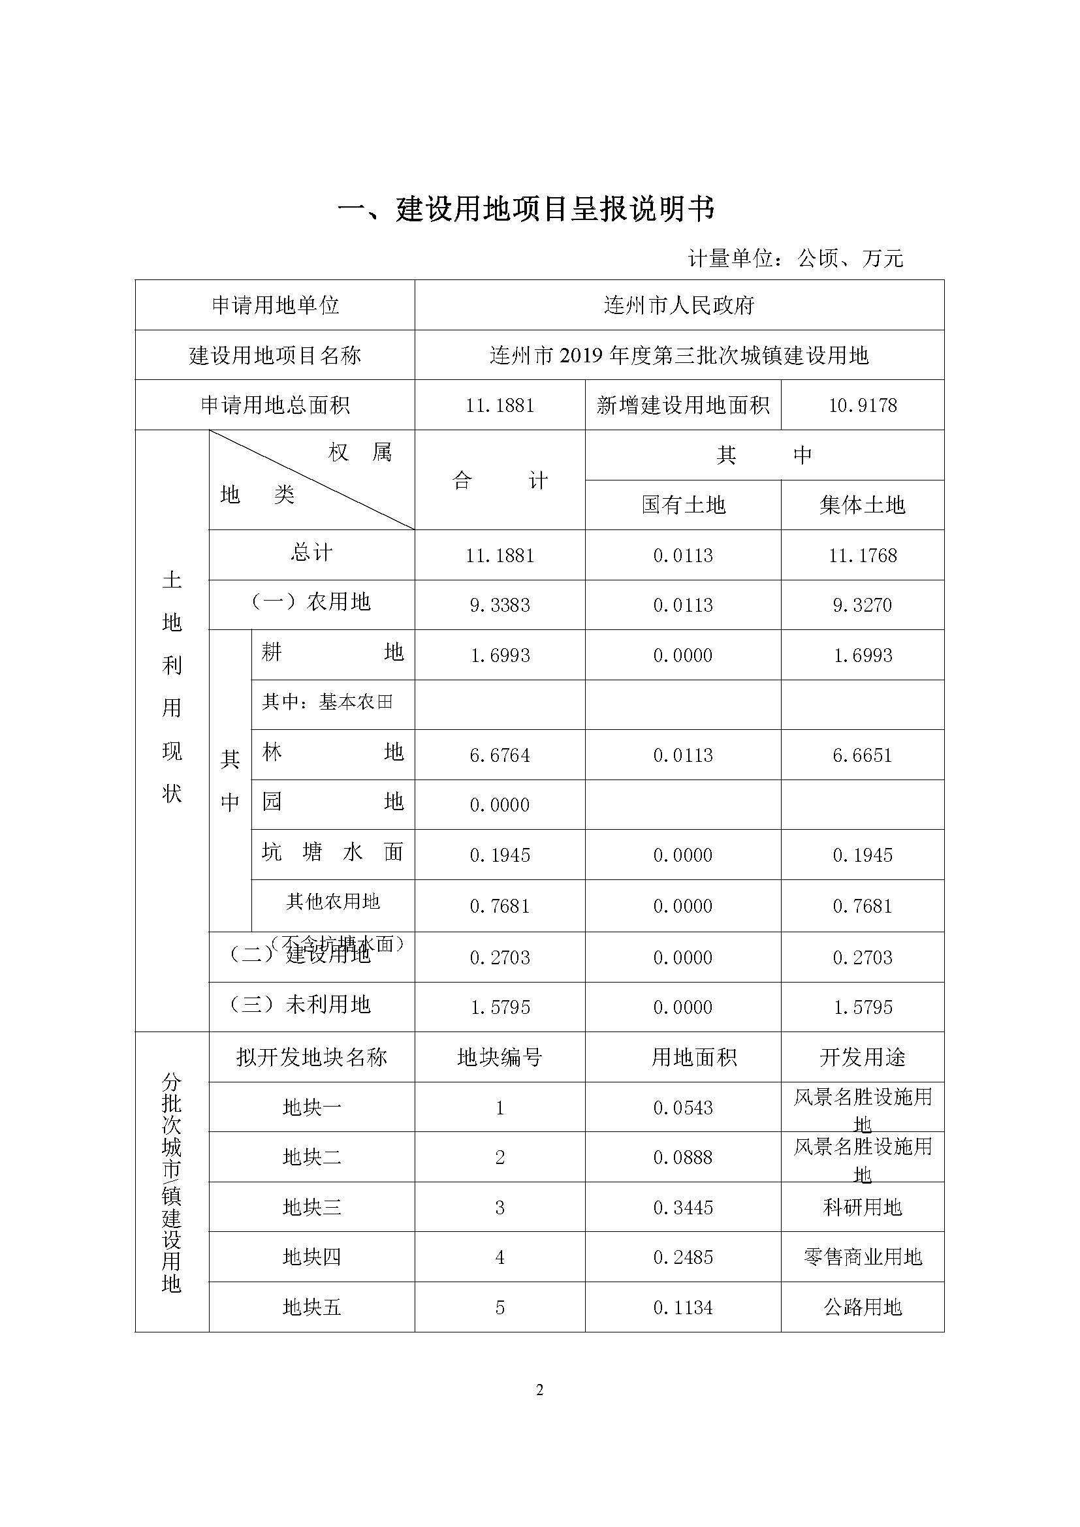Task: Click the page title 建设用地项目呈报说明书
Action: tap(526, 209)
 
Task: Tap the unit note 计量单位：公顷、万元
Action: tap(795, 258)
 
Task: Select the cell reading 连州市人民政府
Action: tap(678, 306)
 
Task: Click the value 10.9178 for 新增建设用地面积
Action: tap(862, 405)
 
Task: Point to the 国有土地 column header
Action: tap(683, 505)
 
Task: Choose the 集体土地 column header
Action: tap(862, 505)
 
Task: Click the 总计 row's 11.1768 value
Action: tap(862, 556)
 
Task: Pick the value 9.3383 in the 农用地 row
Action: tap(500, 605)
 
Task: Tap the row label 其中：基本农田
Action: tap(327, 702)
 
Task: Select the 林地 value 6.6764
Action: tap(500, 755)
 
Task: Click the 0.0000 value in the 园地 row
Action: tap(500, 806)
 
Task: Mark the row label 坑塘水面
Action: tap(332, 853)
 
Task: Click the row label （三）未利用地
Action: tap(300, 1004)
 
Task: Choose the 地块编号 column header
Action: tap(500, 1058)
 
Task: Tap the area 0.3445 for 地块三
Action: tap(683, 1208)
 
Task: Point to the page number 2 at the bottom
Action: tap(539, 1391)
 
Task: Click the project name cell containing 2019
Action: tap(678, 356)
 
